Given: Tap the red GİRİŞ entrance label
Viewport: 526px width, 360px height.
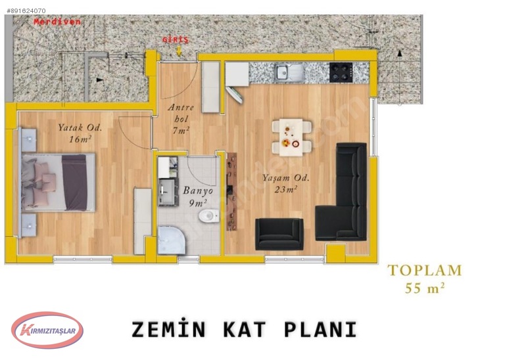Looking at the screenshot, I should pyautogui.click(x=176, y=40).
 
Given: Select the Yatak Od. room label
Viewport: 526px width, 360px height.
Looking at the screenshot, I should pyautogui.click(x=78, y=128).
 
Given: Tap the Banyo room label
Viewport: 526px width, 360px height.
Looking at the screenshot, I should pyautogui.click(x=197, y=191).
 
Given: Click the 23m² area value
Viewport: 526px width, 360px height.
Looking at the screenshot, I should pyautogui.click(x=287, y=189).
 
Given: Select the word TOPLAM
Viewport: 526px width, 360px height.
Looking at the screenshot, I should pyautogui.click(x=425, y=270).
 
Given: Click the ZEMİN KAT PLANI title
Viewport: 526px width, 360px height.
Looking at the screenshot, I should pyautogui.click(x=244, y=329).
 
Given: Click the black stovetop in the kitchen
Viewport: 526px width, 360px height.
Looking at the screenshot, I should pyautogui.click(x=342, y=71).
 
